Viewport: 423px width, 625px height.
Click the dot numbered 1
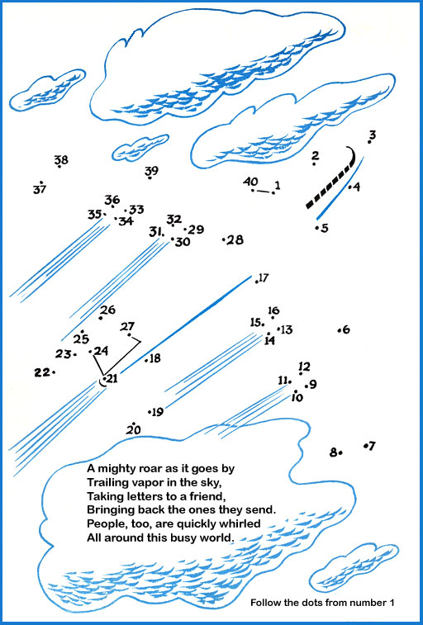coord(273,193)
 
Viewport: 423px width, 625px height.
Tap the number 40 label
coord(250,182)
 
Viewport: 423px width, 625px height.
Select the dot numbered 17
coord(257,282)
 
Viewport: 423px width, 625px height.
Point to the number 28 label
coord(235,240)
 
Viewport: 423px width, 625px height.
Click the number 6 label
coord(346,329)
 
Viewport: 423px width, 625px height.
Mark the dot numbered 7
coord(365,446)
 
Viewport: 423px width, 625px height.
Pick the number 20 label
coord(134,430)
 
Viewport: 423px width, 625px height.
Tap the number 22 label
coord(41,372)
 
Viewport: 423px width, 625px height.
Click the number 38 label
coord(61,160)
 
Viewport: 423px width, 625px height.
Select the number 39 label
coord(151,171)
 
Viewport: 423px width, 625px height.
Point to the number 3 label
coord(373,135)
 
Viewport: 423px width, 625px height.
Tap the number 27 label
coord(127,327)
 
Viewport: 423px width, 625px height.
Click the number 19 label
coord(158,412)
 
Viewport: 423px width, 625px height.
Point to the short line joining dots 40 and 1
coord(263,192)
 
